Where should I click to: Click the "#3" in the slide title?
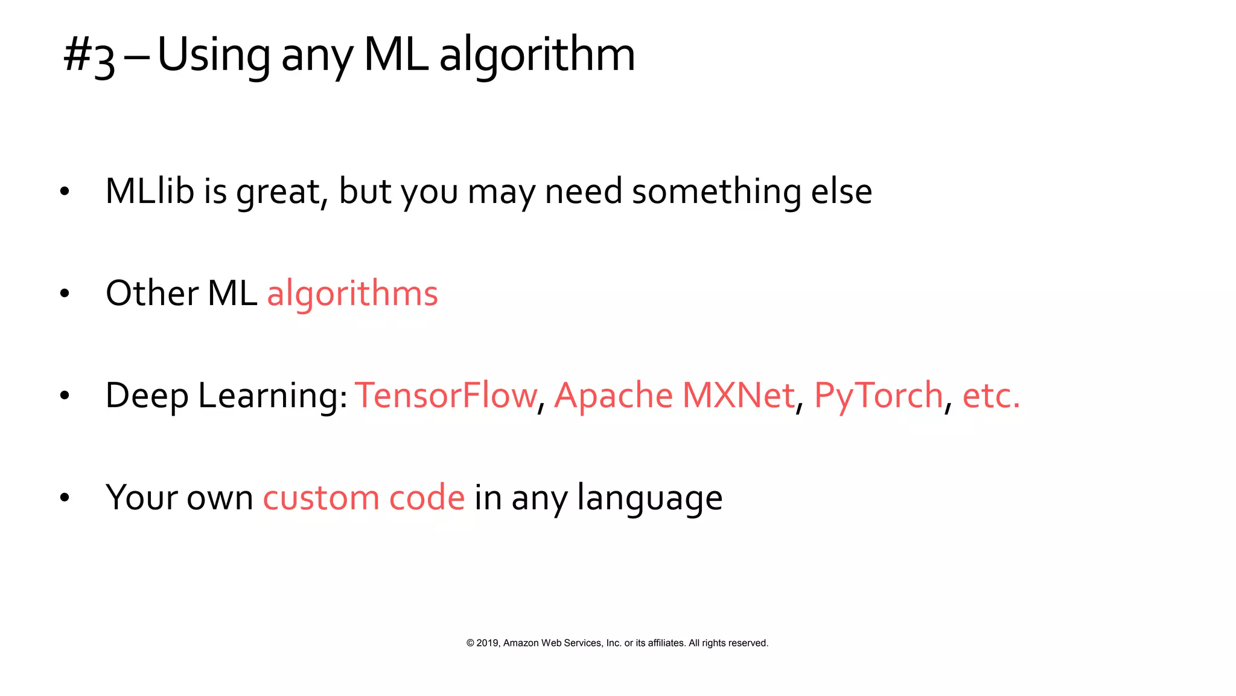click(x=89, y=56)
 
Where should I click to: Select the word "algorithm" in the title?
click(x=537, y=56)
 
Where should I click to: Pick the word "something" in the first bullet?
click(x=716, y=192)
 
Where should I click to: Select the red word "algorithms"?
click(x=352, y=295)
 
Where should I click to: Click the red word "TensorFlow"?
click(x=445, y=396)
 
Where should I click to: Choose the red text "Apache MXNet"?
click(x=674, y=396)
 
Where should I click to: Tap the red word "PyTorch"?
click(x=879, y=397)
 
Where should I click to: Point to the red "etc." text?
click(x=991, y=396)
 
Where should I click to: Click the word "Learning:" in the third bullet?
click(x=273, y=397)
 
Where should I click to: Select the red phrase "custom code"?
click(x=364, y=498)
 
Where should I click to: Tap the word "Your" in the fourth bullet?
click(x=141, y=498)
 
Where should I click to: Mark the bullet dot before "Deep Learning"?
click(x=65, y=396)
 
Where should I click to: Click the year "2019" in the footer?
click(x=488, y=643)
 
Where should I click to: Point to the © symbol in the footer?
click(x=470, y=643)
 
